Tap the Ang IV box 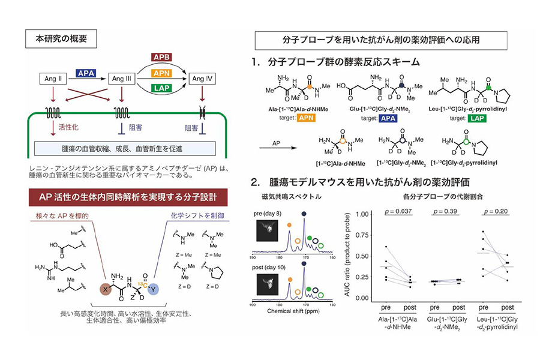pos(202,78)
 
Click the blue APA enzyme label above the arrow pos(86,73)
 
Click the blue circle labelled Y pos(154,289)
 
